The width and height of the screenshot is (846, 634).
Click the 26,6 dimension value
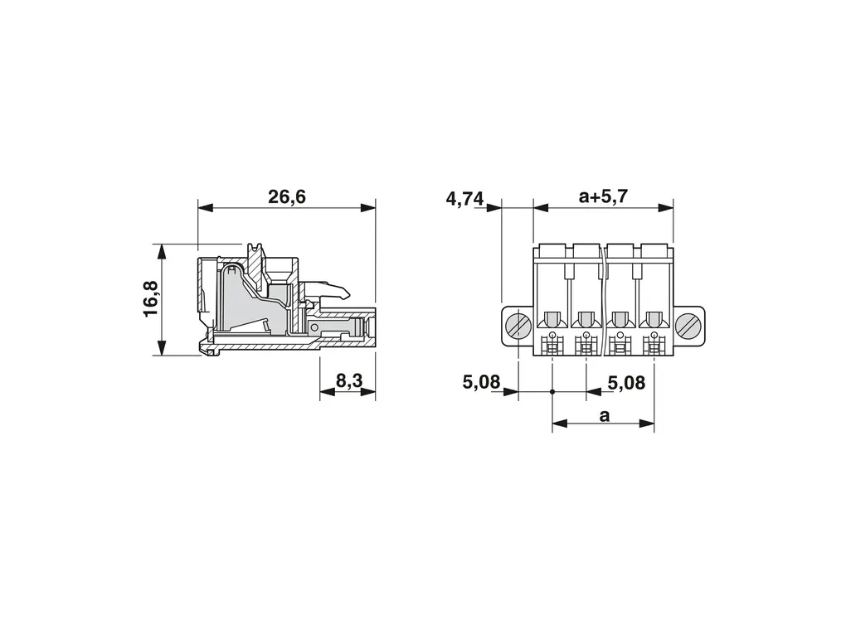click(x=286, y=197)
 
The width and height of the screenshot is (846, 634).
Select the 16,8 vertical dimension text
click(x=151, y=298)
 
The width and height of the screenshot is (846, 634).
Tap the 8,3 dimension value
click(x=349, y=380)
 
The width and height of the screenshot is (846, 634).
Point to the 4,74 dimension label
click(x=464, y=199)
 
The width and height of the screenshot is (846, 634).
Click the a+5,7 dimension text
click(x=603, y=196)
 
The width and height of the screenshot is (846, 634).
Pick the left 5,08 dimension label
click(x=481, y=382)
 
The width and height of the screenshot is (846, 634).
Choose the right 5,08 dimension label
click(x=626, y=383)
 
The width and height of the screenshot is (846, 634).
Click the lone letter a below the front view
click(x=605, y=416)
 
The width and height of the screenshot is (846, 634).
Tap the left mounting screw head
click(x=518, y=327)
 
